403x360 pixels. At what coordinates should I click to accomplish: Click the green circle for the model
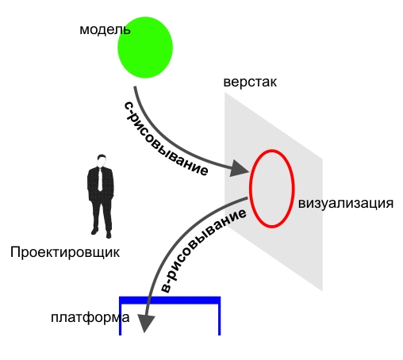point(145,48)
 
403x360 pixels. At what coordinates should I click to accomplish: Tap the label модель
point(105,29)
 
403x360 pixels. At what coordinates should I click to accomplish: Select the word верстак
point(250,82)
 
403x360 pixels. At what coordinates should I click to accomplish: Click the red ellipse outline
point(250,188)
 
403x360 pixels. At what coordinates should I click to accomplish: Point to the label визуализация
point(346,204)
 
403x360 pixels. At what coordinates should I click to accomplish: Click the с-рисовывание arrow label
point(166,140)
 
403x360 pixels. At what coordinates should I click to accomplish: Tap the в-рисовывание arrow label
point(203,251)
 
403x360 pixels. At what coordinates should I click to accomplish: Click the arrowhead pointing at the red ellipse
point(239,169)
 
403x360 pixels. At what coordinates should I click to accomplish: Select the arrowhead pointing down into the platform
point(145,324)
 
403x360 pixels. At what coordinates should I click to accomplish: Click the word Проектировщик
point(65,252)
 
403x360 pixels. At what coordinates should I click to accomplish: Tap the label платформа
point(90,317)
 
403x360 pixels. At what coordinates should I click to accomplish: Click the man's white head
point(102,162)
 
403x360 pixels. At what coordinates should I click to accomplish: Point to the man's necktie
point(100,179)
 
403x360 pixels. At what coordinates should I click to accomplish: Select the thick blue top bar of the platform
point(170,301)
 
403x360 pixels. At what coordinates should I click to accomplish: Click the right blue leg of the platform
point(219,320)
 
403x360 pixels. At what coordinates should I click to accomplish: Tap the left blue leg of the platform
point(121,320)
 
